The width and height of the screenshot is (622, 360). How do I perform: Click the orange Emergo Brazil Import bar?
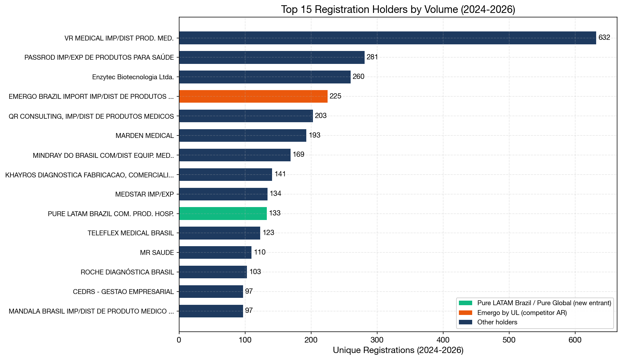253,96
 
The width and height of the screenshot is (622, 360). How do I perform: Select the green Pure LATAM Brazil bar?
223,213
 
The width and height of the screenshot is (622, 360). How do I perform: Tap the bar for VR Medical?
387,38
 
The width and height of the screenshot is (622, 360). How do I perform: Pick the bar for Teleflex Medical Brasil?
220,233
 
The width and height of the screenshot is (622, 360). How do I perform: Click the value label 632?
604,38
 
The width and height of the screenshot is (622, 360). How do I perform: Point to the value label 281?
372,57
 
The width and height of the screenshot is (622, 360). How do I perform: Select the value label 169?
299,155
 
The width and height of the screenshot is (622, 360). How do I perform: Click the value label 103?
255,272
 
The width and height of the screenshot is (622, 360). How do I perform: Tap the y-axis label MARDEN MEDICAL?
145,136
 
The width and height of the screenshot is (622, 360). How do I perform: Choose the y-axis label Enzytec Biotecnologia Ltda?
133,77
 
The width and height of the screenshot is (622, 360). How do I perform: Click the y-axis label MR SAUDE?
157,253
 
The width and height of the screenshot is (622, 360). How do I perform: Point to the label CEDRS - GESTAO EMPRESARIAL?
123,292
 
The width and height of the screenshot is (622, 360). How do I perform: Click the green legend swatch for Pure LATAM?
466,303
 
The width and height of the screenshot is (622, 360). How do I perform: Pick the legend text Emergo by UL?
522,313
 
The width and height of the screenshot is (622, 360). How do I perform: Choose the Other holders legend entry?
497,322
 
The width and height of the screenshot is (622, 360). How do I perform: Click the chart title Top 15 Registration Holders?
398,9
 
